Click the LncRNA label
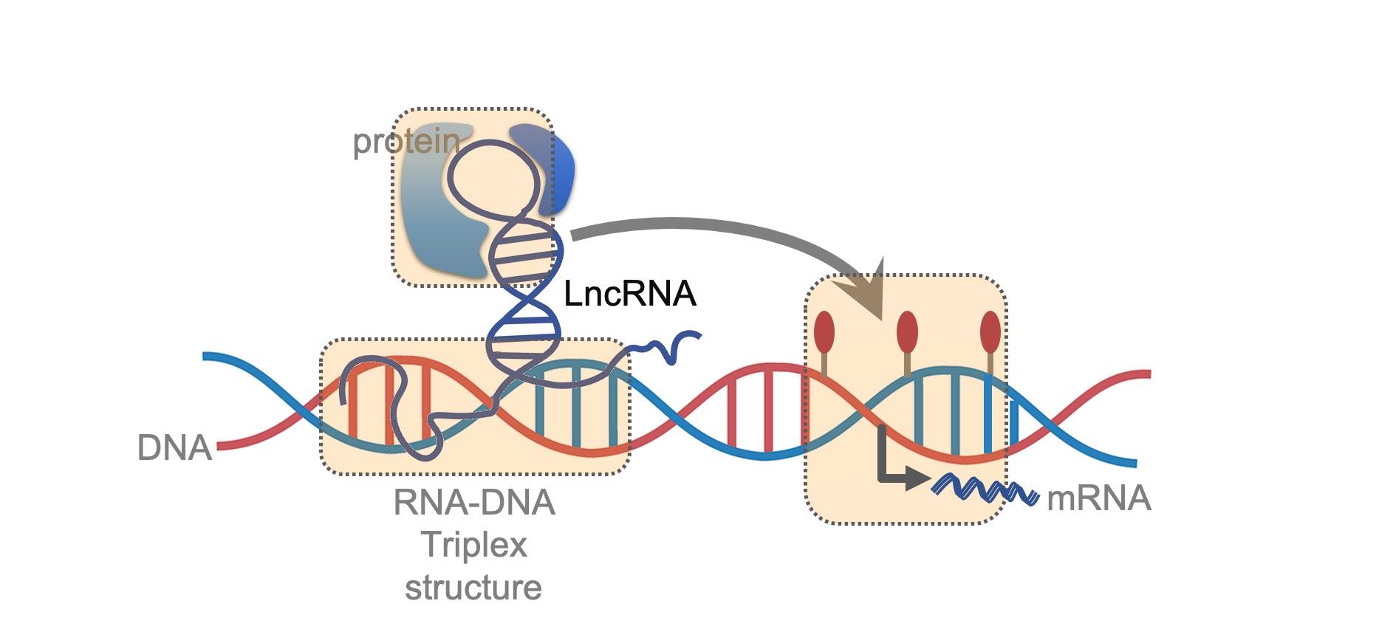(629, 294)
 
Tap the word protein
(405, 141)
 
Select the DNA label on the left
(174, 447)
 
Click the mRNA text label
(1098, 498)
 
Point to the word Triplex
(473, 546)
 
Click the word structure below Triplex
(473, 588)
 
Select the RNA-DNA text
(473, 503)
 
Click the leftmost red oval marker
(824, 332)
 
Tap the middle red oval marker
(907, 332)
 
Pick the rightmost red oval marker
(990, 332)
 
